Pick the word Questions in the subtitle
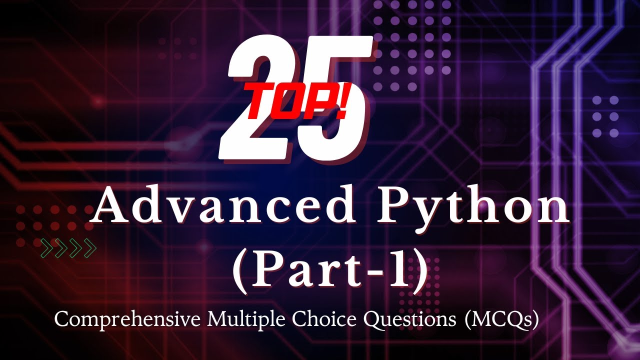click(x=400, y=319)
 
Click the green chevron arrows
click(x=68, y=248)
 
